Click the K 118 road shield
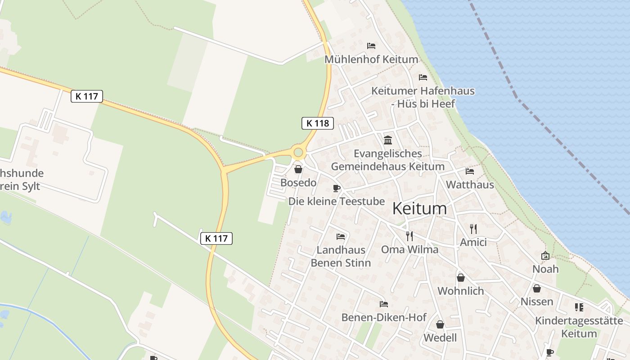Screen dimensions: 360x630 [317, 123]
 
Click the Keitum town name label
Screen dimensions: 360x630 [419, 208]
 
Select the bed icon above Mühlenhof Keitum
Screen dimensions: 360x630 [371, 46]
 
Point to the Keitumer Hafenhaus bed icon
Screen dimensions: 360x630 [423, 77]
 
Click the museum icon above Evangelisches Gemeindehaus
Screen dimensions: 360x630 [388, 140]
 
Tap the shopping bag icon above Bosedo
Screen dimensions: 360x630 [298, 170]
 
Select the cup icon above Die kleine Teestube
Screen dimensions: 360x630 [336, 188]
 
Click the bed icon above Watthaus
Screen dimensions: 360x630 [470, 171]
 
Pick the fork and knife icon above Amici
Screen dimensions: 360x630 [473, 229]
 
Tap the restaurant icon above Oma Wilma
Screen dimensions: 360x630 [409, 236]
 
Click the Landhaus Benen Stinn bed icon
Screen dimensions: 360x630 [341, 237]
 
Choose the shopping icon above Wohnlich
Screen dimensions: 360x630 [460, 278]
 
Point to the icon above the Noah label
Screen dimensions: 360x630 [545, 256]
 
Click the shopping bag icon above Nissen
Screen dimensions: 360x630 [536, 288]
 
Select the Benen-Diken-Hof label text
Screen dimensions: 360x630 [384, 317]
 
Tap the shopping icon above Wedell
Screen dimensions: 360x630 [440, 324]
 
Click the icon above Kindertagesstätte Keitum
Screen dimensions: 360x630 [579, 307]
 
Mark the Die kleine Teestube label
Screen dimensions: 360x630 [337, 201]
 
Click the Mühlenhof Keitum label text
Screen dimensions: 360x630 [371, 59]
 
